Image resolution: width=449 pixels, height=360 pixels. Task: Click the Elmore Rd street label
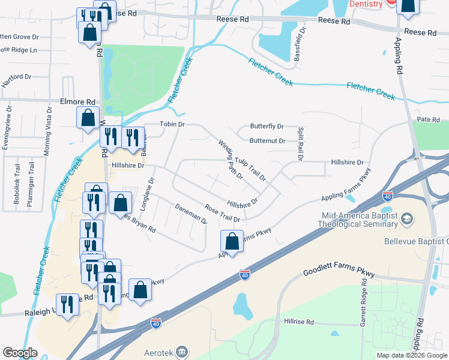coord(78,102)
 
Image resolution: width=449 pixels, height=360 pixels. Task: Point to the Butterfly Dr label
coord(267,127)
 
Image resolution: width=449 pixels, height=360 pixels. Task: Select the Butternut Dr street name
coord(267,141)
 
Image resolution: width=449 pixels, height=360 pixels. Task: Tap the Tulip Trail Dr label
coord(250,168)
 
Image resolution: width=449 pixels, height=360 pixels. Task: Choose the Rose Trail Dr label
coord(222,214)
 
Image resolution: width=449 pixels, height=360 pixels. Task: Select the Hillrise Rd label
coord(299,322)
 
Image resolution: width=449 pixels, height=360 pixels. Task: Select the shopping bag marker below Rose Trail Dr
coord(232,242)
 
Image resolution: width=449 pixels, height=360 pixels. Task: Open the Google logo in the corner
coord(20,353)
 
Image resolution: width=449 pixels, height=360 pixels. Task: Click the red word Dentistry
coord(364,4)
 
